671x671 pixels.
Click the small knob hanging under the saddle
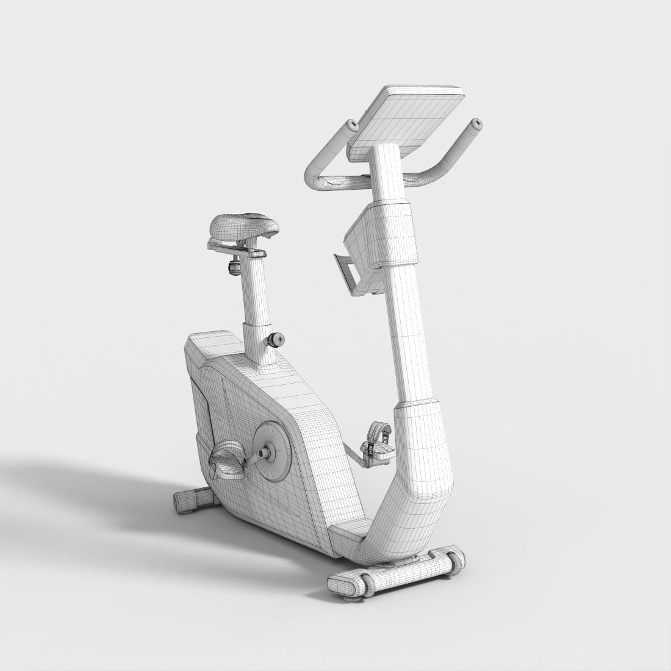coord(234,267)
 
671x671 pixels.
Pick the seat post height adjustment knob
coord(276,339)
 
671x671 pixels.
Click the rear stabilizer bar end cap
coord(184,501)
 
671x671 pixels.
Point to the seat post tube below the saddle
coord(255,293)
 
